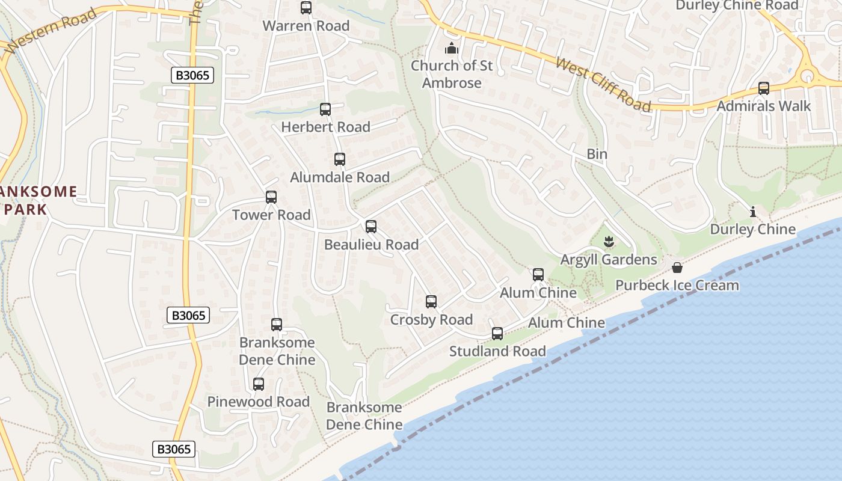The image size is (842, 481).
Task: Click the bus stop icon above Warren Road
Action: [306, 8]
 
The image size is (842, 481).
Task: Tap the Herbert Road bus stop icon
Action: [325, 109]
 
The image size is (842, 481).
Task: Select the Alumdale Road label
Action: [340, 177]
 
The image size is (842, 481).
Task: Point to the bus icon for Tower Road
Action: [271, 197]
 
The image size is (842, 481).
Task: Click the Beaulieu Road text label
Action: [371, 245]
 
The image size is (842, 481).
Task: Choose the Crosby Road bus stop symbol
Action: [431, 302]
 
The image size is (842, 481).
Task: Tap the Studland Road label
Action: [497, 351]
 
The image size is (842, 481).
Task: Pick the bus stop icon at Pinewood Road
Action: [259, 384]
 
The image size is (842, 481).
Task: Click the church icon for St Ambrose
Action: [452, 48]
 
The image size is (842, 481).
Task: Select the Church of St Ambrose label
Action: [452, 74]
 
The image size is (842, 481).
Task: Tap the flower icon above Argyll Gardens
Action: [609, 242]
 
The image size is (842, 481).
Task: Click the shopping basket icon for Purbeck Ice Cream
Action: [677, 267]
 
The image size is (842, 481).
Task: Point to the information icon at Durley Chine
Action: [752, 212]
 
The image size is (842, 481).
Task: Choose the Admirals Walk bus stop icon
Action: [764, 88]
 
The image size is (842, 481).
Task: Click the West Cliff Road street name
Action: [603, 85]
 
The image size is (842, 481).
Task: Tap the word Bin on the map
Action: [597, 154]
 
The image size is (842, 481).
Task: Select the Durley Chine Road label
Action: [737, 5]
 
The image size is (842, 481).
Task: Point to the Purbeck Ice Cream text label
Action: [677, 285]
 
